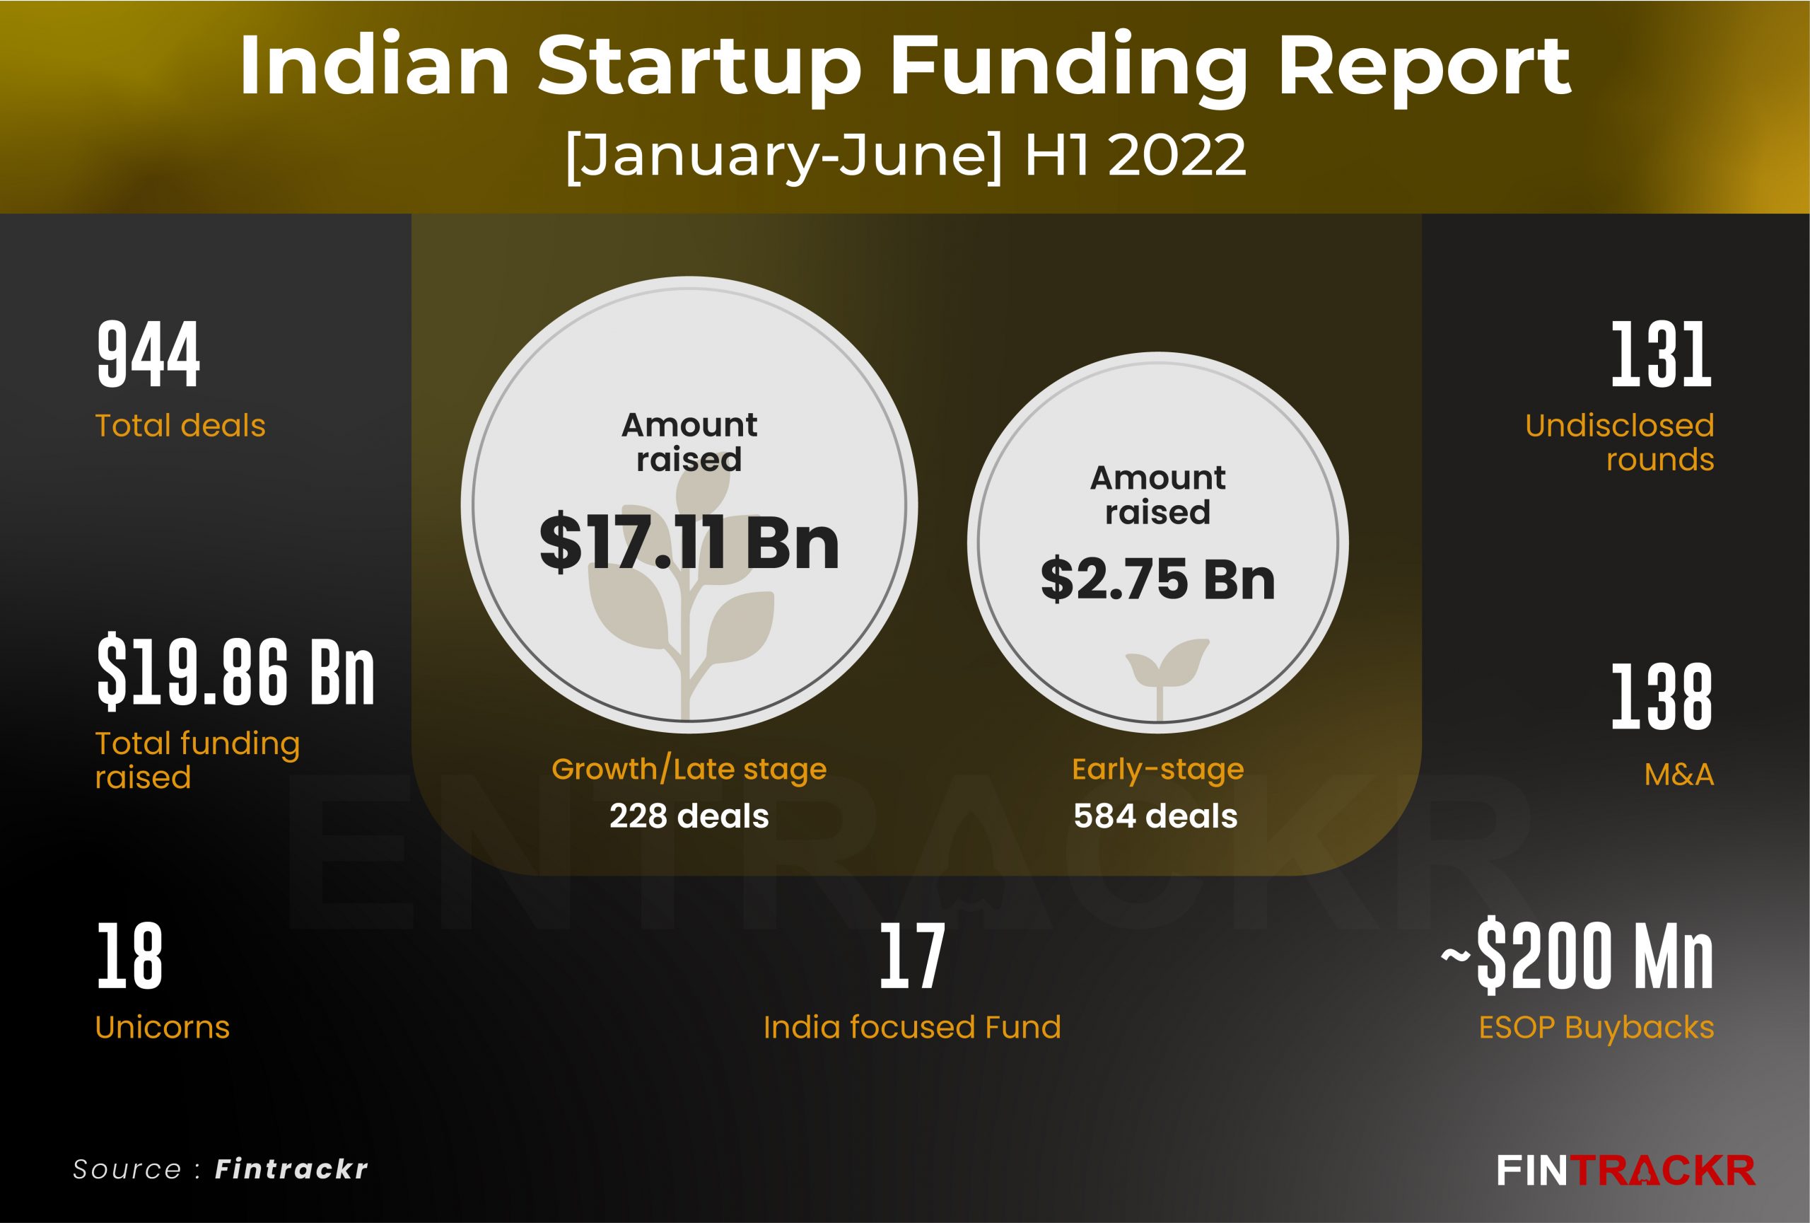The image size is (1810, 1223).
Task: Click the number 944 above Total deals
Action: tap(148, 355)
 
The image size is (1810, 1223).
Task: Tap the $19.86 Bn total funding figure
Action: tap(235, 671)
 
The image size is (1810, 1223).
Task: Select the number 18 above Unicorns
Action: tap(129, 956)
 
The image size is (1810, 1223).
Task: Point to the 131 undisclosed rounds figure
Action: tap(1662, 355)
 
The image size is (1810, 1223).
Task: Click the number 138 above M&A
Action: tap(1662, 697)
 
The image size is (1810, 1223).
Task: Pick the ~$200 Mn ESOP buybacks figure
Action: tap(1577, 956)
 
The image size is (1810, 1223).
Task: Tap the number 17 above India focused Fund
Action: tap(912, 956)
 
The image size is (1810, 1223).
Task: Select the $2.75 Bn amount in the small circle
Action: tap(1157, 580)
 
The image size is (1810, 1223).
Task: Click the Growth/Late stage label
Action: tap(689, 770)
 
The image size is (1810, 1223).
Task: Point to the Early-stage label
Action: tap(1157, 770)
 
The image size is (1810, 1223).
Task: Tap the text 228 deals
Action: tap(689, 816)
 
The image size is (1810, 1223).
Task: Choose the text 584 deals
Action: tap(1156, 816)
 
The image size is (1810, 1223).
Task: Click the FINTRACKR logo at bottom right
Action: tap(1625, 1170)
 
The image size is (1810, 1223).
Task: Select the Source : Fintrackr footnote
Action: tap(220, 1169)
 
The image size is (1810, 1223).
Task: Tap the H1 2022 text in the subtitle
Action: tap(1135, 156)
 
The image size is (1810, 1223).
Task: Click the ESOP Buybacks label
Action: tap(1596, 1028)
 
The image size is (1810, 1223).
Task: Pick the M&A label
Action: tap(1678, 775)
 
